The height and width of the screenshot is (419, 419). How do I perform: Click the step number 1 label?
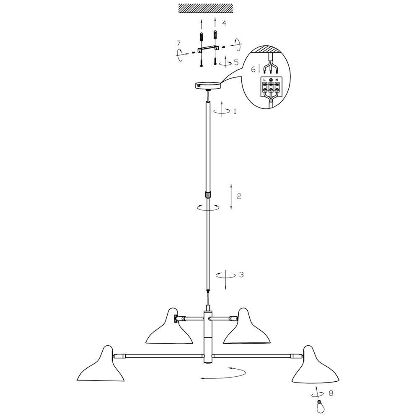coord(235,111)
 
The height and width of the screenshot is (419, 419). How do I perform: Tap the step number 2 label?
coord(239,196)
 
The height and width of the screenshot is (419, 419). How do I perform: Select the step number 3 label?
coord(241,274)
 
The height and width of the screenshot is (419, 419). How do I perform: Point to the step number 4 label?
coord(224,23)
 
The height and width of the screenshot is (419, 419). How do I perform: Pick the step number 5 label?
coord(236,62)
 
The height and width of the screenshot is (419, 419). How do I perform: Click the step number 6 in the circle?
coord(253,70)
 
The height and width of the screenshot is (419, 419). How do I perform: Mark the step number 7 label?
coord(178,43)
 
